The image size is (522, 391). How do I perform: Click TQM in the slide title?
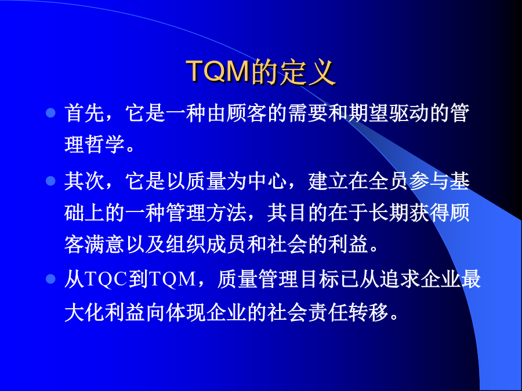click(x=218, y=71)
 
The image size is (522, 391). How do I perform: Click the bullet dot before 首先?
click(x=50, y=113)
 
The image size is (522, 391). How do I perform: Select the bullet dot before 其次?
click(x=50, y=181)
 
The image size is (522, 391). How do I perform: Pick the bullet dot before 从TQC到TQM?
click(x=50, y=279)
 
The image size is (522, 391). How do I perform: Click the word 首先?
click(x=84, y=113)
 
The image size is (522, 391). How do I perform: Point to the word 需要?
click(x=308, y=113)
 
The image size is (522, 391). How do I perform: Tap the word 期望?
click(x=368, y=113)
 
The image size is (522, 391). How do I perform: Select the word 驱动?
click(x=409, y=113)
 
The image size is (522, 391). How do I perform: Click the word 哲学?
click(x=105, y=144)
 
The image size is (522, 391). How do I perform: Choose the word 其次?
click(x=84, y=181)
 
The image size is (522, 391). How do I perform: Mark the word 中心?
click(x=267, y=181)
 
